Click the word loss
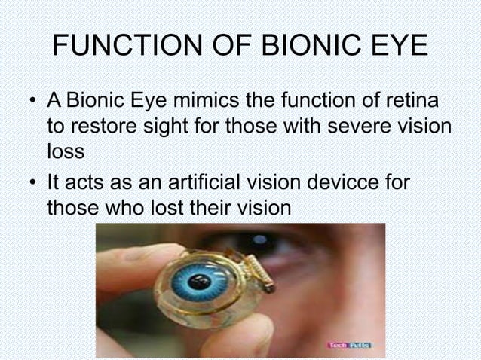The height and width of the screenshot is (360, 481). coord(65,151)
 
